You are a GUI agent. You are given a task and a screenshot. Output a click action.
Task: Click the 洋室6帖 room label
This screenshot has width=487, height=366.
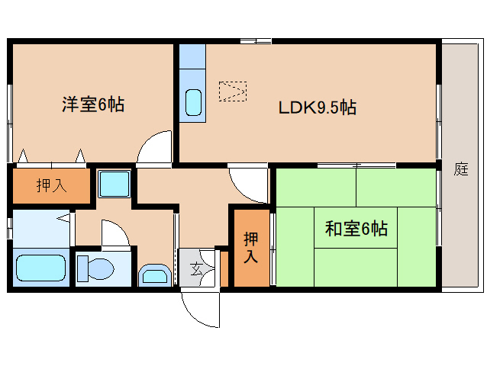[x=92, y=105]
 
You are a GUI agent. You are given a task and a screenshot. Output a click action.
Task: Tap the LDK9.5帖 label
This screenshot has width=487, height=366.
[x=316, y=108]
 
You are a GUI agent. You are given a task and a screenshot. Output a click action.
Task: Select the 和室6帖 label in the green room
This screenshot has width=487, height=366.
[x=356, y=228]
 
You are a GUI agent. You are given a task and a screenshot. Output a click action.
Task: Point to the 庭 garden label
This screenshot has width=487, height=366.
[x=460, y=169]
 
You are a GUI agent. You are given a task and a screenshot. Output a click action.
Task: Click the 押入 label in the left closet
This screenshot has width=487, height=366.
[x=51, y=185]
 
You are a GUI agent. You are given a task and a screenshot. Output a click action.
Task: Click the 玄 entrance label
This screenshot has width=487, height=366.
[x=196, y=268]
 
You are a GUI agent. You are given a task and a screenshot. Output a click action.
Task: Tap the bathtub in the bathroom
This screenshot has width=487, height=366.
[x=40, y=269]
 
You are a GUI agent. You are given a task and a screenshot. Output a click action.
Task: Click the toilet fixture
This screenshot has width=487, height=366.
[x=95, y=268]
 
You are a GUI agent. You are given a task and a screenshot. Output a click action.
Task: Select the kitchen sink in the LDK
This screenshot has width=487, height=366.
[x=193, y=102]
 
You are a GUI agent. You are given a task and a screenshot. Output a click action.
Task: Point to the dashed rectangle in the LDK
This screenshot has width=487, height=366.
[x=232, y=91]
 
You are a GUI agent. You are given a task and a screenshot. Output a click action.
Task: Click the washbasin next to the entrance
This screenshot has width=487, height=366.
[x=156, y=274]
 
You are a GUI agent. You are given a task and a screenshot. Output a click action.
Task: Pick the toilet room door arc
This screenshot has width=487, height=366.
[x=114, y=233]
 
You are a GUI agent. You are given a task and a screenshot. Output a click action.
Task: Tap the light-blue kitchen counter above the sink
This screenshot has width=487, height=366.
[x=193, y=58]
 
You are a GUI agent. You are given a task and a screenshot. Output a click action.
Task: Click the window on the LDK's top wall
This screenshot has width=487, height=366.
[x=255, y=41]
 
